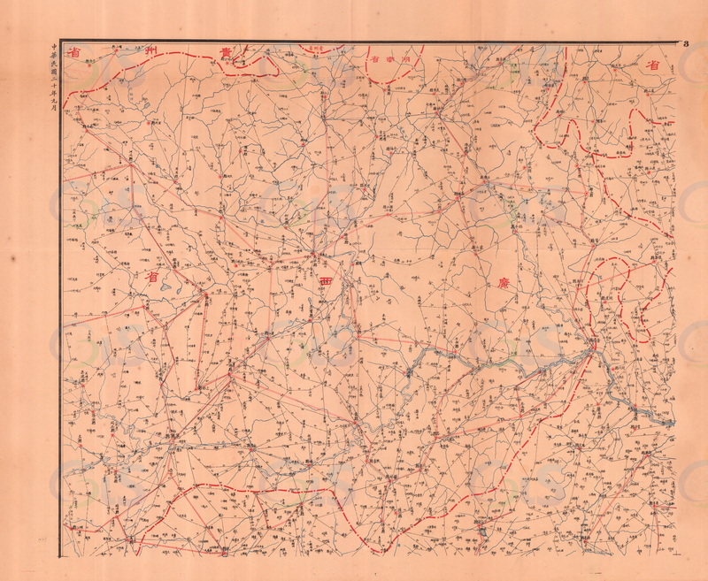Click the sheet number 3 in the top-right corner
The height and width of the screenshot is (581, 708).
coord(686,43)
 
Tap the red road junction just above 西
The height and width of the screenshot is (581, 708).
coord(313,257)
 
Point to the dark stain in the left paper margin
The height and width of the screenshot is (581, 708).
coord(12,256)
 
